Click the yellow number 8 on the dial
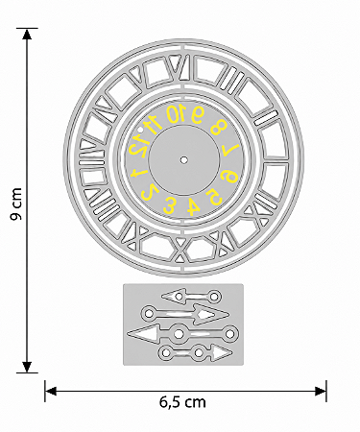(x=218, y=128)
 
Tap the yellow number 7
(x=231, y=150)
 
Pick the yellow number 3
(x=170, y=205)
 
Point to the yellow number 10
(x=177, y=113)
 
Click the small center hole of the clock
(x=183, y=159)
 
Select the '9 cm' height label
(x=15, y=204)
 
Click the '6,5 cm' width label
(x=182, y=402)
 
